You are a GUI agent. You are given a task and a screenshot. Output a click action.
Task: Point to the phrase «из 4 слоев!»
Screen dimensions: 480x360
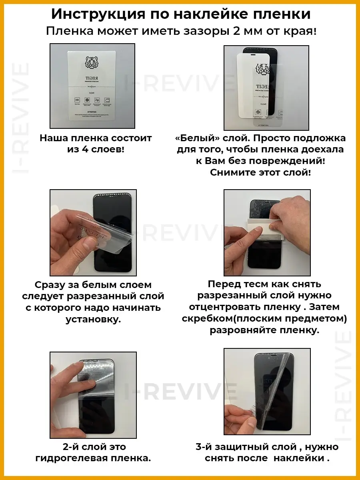pos(96,150)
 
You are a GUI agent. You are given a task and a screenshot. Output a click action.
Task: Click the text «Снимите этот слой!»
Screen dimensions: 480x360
pos(260,172)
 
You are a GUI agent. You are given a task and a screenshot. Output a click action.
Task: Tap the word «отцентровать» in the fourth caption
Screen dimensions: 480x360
pos(228,307)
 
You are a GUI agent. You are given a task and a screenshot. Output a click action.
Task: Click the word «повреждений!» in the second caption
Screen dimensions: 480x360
pos(287,161)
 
